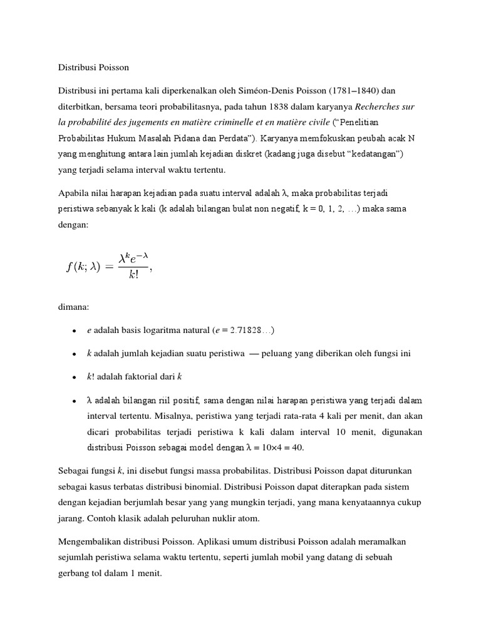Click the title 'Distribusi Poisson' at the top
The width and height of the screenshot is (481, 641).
(x=93, y=66)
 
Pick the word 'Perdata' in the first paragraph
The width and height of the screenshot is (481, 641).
(x=229, y=139)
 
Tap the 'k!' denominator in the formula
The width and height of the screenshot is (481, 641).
(x=134, y=275)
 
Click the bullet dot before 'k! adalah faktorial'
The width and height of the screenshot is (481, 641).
(x=75, y=377)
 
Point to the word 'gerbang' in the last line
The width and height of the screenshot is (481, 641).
(x=74, y=572)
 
